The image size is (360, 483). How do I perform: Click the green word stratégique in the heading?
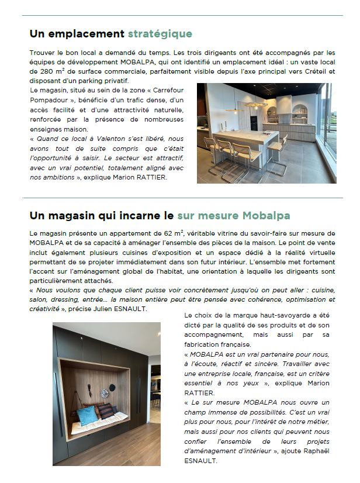(160, 33)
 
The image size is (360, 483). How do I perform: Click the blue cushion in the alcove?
(87, 416)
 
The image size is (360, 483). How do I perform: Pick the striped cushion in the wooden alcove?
(105, 411)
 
